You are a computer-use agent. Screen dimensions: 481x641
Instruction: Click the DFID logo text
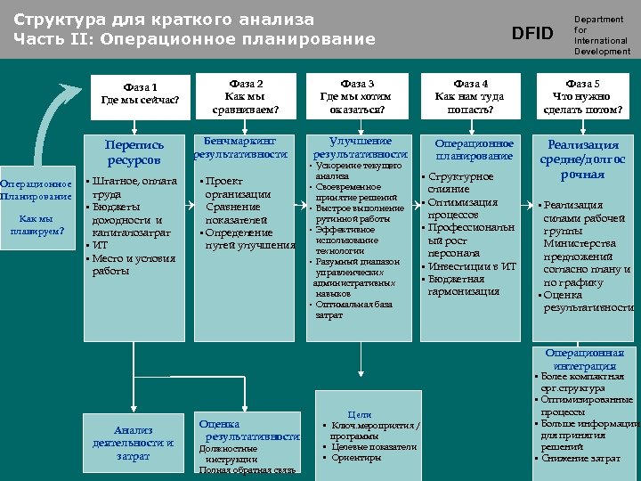pos(532,33)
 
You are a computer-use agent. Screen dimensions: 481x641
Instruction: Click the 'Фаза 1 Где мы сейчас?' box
pos(141,93)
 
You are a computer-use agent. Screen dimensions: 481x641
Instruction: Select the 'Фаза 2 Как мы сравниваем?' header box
pos(246,96)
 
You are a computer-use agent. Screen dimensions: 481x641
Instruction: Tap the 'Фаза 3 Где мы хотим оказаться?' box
pos(358,96)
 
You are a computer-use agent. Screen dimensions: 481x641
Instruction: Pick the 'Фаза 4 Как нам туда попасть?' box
pos(470,96)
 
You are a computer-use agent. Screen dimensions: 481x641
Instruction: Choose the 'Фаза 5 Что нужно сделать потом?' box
pos(583,96)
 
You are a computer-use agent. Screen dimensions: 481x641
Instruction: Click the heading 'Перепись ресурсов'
pos(134,152)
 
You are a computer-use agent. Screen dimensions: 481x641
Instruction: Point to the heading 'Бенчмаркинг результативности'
pos(240,147)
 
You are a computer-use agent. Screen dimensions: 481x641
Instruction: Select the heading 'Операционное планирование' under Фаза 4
pos(474,149)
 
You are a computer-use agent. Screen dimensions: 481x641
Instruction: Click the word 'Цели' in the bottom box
pos(360,414)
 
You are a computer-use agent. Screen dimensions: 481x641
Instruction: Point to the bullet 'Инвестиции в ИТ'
pos(472,265)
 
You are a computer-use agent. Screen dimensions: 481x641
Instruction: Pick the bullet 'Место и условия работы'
pos(133,265)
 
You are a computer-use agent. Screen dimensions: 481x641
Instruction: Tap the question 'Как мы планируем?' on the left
pos(36,224)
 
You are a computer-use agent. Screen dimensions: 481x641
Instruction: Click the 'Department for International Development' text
pos(601,35)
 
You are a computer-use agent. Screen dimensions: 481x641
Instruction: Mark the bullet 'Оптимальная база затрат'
pos(353,309)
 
